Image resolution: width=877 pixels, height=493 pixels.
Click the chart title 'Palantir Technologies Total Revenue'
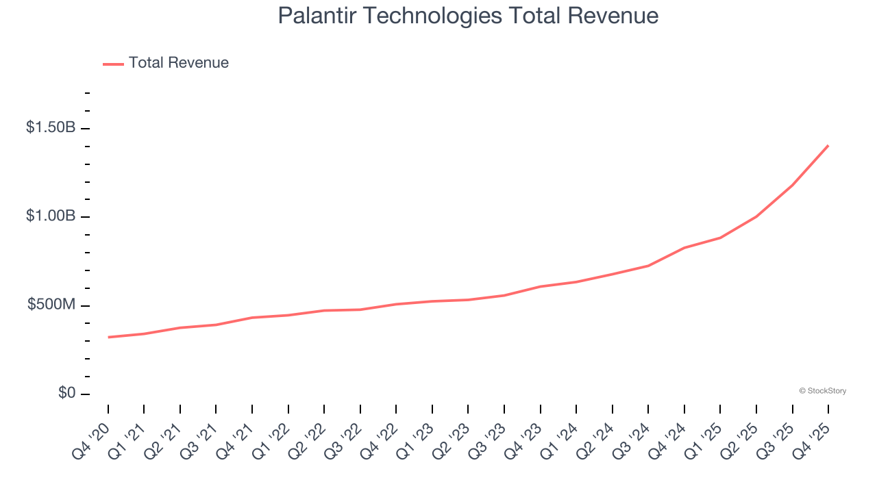coord(468,16)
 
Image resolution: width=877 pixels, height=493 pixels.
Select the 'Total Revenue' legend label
coord(178,63)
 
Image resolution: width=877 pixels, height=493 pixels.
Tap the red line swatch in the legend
coord(113,64)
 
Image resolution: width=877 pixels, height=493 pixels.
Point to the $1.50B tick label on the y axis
coord(51,127)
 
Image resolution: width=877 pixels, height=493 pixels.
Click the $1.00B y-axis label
coord(51,216)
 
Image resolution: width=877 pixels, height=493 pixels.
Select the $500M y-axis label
coord(51,305)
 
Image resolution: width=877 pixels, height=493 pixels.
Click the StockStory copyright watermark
coord(822,391)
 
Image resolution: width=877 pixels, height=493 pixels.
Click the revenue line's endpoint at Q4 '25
coord(828,145)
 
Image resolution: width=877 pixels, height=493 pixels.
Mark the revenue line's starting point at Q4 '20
coord(108,337)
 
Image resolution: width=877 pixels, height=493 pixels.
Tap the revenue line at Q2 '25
coord(756,216)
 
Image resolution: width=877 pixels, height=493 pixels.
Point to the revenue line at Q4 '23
coord(541,286)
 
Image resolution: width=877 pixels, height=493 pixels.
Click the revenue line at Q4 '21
coord(252,318)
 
